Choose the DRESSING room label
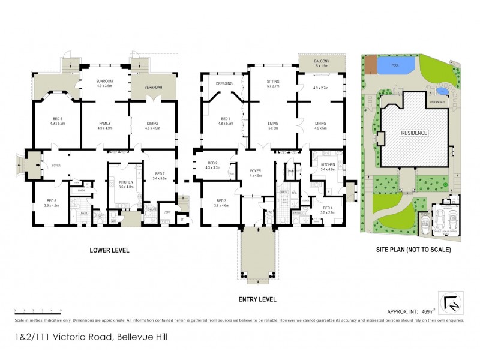pos(224,83)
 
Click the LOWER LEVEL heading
pos(109,250)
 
